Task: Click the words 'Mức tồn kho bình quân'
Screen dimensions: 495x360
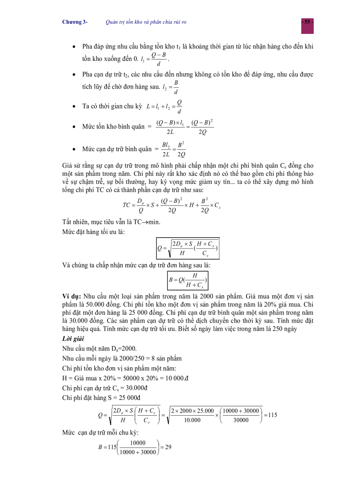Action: click(113, 127)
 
